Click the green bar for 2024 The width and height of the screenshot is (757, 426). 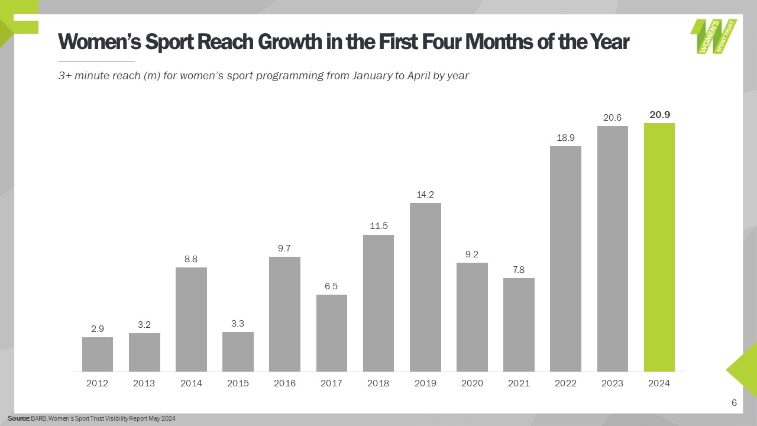click(x=659, y=247)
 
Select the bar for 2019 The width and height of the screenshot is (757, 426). click(x=425, y=287)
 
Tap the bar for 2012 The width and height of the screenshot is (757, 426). click(x=98, y=354)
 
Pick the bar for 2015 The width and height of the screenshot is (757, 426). click(x=238, y=351)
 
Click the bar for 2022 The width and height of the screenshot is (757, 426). click(x=565, y=259)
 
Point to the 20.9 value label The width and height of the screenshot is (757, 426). click(x=659, y=115)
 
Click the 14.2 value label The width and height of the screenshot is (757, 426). click(x=425, y=194)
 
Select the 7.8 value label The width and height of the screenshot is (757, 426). click(x=519, y=269)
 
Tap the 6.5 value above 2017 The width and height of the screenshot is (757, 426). click(x=331, y=286)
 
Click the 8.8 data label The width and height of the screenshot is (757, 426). click(x=191, y=259)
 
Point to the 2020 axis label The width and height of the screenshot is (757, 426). click(x=471, y=383)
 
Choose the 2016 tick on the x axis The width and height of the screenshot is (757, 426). click(x=284, y=383)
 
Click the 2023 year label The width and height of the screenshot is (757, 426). click(x=612, y=383)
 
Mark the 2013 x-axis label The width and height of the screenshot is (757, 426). click(x=144, y=383)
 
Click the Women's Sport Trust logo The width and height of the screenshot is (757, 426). click(x=714, y=36)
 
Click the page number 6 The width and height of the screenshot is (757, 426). click(x=734, y=403)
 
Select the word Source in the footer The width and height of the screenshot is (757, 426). click(x=18, y=419)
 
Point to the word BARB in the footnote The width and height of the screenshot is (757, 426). click(x=38, y=419)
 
